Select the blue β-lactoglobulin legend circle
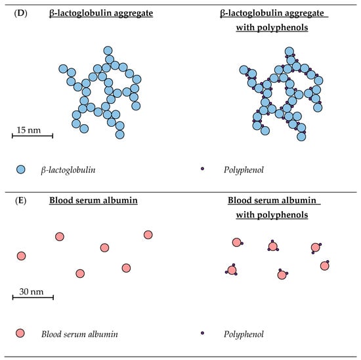(x=20, y=169)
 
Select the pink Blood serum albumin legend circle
(x=20, y=334)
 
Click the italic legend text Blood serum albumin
(x=79, y=334)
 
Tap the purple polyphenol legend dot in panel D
(x=203, y=169)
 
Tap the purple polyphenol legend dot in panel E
(x=203, y=334)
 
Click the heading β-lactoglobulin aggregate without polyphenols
(x=100, y=12)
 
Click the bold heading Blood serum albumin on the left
(x=93, y=200)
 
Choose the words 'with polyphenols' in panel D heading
(x=275, y=29)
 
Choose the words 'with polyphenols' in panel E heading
(x=275, y=215)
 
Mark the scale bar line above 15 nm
(x=32, y=137)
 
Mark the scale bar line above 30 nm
(x=32, y=298)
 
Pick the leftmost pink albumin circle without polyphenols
(x=21, y=256)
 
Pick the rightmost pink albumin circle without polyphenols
(x=148, y=235)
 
